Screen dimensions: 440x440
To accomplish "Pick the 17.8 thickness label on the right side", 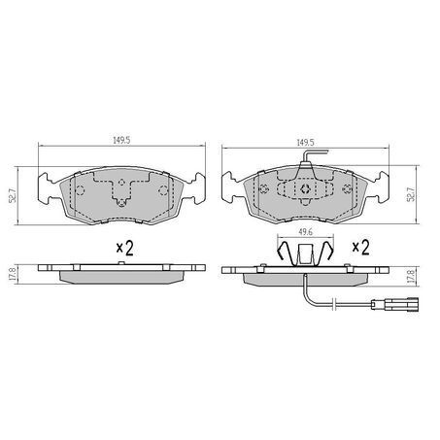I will tap(412, 275).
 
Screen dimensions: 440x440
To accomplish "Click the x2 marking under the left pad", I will tap(123, 249).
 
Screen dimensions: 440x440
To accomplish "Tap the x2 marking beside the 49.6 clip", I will tap(360, 248).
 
